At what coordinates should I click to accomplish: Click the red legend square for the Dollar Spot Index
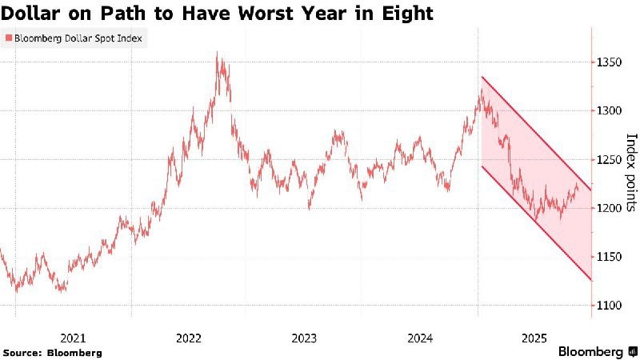[7, 38]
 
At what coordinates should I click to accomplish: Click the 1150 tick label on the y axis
[608, 257]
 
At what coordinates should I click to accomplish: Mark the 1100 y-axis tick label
[608, 306]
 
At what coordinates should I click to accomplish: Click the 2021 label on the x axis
[74, 338]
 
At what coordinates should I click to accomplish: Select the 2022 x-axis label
[190, 338]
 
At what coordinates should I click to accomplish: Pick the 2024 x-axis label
[422, 338]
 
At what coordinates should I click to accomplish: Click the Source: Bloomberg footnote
[53, 352]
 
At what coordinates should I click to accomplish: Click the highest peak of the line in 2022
[218, 54]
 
